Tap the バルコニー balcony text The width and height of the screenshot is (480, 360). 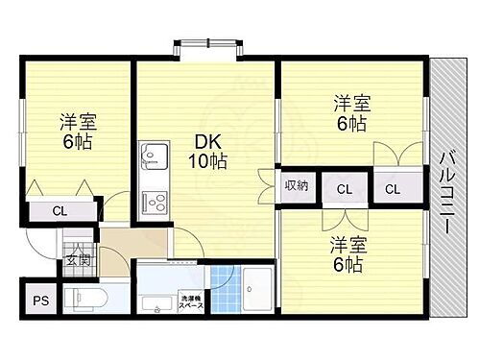(x=446, y=187)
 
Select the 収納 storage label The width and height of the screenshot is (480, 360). (x=295, y=185)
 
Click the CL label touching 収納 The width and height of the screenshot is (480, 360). (x=343, y=189)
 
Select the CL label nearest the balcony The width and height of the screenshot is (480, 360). (x=393, y=189)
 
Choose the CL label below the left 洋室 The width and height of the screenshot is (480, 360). (x=60, y=211)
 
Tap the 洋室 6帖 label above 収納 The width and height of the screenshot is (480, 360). (x=350, y=112)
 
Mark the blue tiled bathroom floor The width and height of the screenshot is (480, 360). (x=221, y=283)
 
